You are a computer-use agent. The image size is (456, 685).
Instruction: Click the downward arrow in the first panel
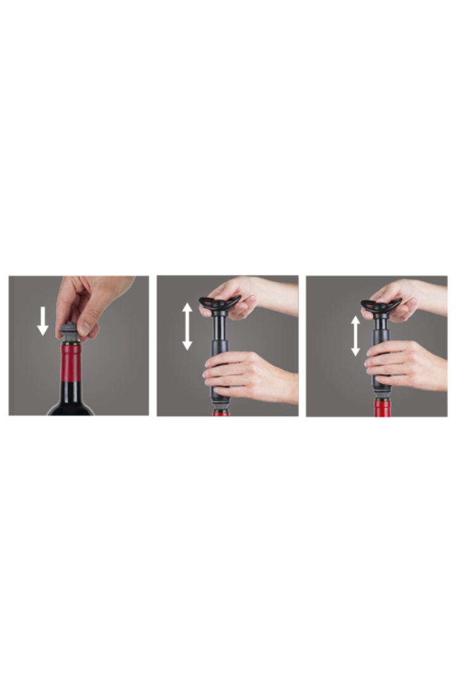point(42,320)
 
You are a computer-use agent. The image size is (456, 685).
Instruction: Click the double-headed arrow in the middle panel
point(187,326)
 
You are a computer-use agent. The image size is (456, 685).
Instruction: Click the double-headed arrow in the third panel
point(355,336)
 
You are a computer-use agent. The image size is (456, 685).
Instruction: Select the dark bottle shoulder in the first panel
point(70,408)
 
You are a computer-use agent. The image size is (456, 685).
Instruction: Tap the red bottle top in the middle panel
point(220,412)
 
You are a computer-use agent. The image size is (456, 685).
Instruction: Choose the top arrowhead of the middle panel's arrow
point(187,308)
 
